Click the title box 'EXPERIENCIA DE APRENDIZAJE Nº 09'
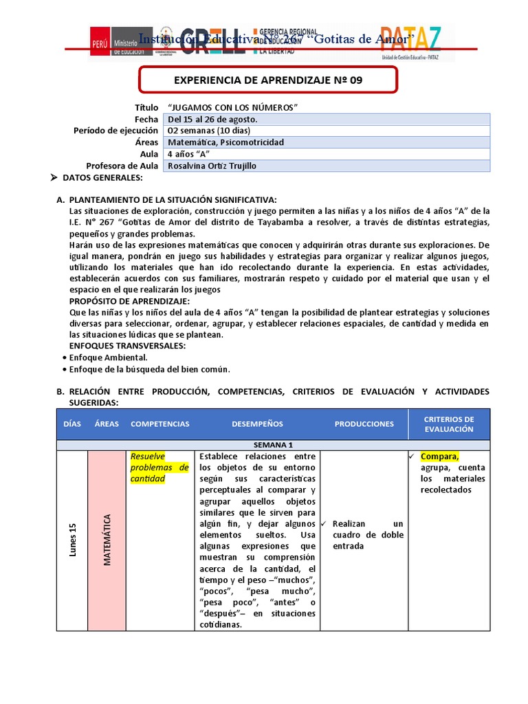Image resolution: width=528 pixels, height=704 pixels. [x=268, y=80]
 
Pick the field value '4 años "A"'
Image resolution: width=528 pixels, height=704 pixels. [x=188, y=154]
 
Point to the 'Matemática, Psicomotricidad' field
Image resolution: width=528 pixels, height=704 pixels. [x=225, y=142]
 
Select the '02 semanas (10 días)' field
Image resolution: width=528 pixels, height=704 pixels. [x=209, y=131]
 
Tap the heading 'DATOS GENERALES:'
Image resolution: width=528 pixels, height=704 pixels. [x=102, y=178]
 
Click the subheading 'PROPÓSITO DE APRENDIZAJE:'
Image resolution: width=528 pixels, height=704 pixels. [x=130, y=301]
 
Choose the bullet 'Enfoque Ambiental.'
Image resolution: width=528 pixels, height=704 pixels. [x=108, y=357]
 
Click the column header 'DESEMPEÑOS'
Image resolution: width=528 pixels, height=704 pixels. [x=257, y=424]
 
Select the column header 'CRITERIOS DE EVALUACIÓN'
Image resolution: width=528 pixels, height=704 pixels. [x=448, y=424]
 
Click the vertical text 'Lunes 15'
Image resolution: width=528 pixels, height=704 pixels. [x=72, y=540]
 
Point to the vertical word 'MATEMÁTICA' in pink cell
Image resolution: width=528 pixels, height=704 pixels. [x=107, y=540]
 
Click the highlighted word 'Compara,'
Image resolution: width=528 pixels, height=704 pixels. [x=439, y=456]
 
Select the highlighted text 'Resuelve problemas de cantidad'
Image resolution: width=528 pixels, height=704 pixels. [x=159, y=467]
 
